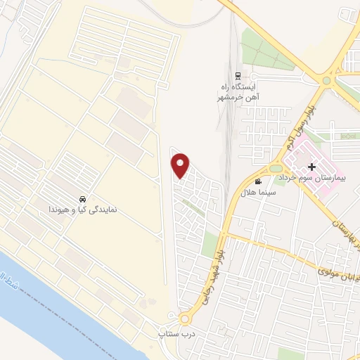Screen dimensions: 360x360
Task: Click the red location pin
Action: click(181, 166)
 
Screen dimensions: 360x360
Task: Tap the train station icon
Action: click(238, 75)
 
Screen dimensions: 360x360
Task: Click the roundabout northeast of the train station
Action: click(326, 80)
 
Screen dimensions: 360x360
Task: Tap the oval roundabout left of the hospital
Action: click(275, 168)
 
